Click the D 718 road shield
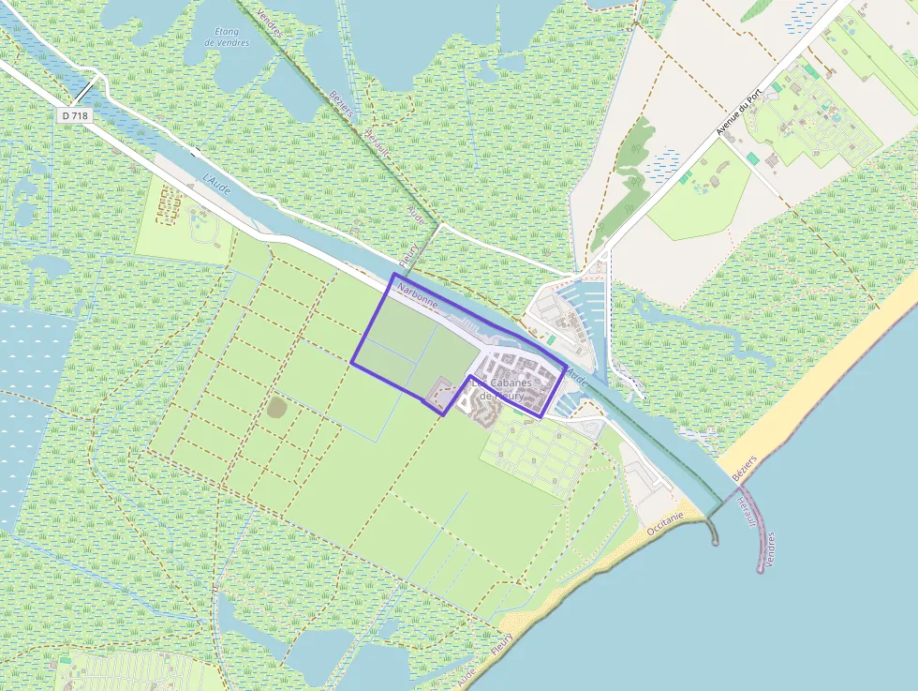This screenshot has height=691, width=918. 76,114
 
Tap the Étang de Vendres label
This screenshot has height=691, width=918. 226,36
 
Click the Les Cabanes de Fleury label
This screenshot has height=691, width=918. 501,389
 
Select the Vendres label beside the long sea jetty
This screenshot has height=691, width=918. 770,549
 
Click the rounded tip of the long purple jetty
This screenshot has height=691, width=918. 761,568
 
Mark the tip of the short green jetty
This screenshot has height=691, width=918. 716,541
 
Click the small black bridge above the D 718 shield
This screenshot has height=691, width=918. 85,92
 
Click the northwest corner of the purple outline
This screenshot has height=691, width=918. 392,275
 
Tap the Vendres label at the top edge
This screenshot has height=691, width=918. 269,19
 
